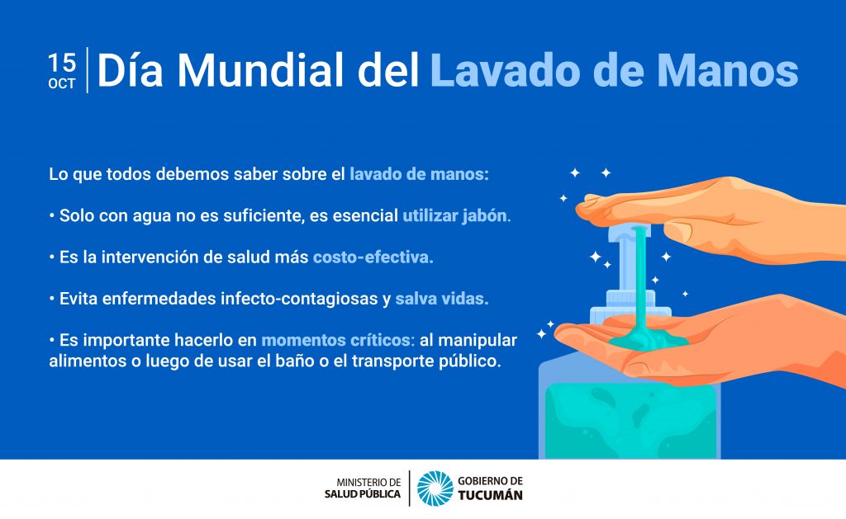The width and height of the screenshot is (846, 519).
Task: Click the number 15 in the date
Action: (62, 63)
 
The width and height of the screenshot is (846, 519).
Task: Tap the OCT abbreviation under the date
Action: (62, 84)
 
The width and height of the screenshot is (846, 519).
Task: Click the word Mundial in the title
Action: (260, 70)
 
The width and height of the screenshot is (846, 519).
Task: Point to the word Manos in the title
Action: (727, 70)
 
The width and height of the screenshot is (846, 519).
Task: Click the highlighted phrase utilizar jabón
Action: (456, 215)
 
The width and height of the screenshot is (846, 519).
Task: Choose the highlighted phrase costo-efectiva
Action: (373, 257)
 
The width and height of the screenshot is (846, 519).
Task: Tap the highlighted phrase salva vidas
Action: (442, 299)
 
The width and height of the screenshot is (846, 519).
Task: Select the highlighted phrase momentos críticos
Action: (338, 340)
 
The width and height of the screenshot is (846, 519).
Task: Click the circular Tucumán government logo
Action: (435, 488)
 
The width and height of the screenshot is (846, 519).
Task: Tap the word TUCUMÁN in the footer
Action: (491, 495)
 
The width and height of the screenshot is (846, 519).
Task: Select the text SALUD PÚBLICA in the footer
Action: (363, 494)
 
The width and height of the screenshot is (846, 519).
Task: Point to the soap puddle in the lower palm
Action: (649, 340)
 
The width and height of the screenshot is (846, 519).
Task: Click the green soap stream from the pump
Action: (640, 281)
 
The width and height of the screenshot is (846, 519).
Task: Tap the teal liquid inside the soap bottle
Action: (630, 421)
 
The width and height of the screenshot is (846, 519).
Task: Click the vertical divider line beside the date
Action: (88, 70)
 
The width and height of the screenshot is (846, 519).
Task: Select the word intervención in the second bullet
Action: (150, 257)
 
